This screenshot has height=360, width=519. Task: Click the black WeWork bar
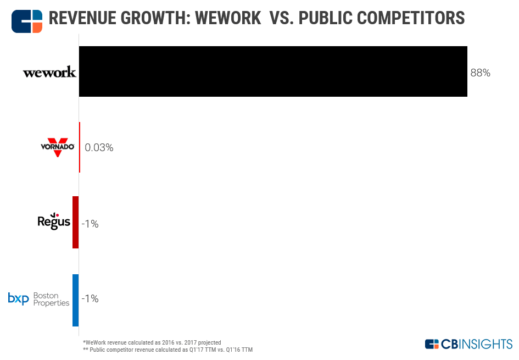tap(273, 71)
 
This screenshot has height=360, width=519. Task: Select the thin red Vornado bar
tap(80, 147)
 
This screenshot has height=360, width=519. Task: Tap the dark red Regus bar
tap(75, 222)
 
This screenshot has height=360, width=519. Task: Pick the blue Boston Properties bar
tap(75, 300)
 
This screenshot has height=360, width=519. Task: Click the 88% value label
tap(480, 73)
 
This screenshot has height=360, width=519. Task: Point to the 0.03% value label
tap(99, 147)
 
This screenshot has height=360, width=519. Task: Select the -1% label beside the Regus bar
tap(90, 224)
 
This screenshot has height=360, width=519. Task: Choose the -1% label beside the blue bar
tap(90, 299)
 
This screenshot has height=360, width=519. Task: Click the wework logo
tap(49, 73)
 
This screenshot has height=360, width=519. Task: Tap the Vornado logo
tap(57, 147)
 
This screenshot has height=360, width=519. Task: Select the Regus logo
tap(54, 221)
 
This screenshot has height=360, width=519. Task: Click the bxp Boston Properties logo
tap(38, 299)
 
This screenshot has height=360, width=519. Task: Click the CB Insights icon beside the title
tap(27, 20)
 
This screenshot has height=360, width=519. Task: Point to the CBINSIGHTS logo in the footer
tap(468, 344)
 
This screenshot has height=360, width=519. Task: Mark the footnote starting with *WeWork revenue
tap(151, 342)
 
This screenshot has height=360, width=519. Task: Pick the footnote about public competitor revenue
tap(167, 350)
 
